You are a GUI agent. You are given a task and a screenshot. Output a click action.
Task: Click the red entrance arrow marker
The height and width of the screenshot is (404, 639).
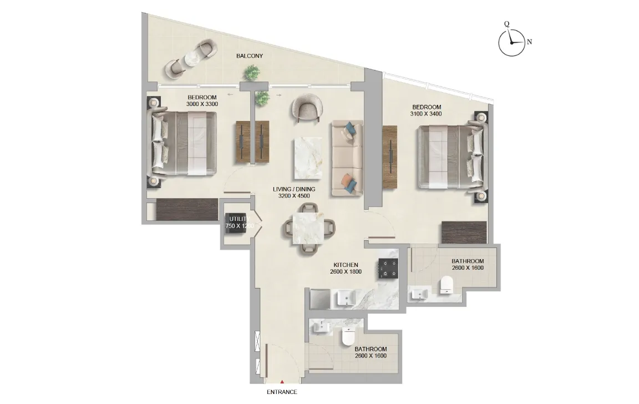(x=282, y=382)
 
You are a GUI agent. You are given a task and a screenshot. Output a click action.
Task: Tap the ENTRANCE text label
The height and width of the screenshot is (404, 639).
(x=282, y=392)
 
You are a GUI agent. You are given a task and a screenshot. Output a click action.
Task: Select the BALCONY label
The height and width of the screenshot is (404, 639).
(x=250, y=56)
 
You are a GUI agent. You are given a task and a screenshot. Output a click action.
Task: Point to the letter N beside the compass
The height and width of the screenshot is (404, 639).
(x=530, y=42)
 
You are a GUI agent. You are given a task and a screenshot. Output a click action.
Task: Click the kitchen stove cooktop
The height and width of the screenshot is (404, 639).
(x=389, y=269)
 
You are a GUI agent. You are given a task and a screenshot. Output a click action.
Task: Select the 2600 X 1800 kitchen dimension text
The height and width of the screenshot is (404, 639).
(x=346, y=272)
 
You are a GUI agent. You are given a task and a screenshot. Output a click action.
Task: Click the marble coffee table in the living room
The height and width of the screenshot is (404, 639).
(x=307, y=158)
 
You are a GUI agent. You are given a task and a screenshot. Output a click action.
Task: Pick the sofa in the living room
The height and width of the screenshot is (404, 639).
(x=347, y=158)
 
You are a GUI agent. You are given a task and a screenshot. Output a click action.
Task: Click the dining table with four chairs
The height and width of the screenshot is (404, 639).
(x=307, y=228)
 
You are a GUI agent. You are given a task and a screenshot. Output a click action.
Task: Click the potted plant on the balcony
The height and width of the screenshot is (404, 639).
(x=253, y=72)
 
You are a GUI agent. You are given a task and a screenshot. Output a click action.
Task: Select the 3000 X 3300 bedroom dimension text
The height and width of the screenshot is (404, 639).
(x=201, y=104)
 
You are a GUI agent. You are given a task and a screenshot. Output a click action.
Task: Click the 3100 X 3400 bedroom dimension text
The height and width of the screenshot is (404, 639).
(x=427, y=114)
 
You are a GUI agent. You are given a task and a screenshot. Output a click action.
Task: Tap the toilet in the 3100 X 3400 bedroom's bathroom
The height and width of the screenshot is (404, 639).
(x=447, y=286)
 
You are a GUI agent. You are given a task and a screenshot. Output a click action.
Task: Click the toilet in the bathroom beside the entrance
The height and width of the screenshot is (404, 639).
(x=348, y=337)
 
